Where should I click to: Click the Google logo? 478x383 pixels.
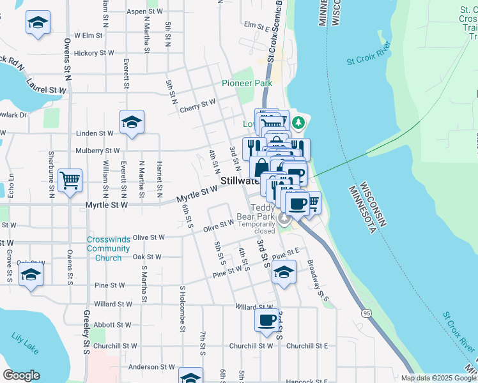point(22,375)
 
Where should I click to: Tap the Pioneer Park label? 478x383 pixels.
point(247,83)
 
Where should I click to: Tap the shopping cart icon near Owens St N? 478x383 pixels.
point(70,179)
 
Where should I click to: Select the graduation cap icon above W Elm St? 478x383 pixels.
point(38,22)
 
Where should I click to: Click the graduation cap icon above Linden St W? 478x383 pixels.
point(132,121)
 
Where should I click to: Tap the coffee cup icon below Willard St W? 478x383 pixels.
point(266,321)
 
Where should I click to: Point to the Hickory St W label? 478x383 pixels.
point(94,53)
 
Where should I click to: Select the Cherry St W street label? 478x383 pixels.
point(197,103)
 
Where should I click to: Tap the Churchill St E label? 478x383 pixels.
point(307,345)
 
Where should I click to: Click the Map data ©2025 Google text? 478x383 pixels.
point(438,378)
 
